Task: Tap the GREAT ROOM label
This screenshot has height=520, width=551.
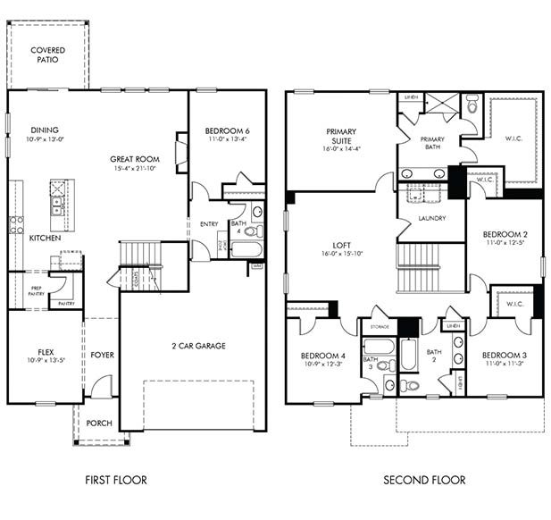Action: pos(134,159)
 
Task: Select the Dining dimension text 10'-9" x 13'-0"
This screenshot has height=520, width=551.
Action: pos(44,139)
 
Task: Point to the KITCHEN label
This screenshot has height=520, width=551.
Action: pos(45,239)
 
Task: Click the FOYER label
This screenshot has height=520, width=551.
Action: pos(102,355)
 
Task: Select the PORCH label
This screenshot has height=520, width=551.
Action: pos(100,423)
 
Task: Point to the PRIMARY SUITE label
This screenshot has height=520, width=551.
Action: pos(341,135)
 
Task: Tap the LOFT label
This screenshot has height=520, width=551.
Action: pos(341,244)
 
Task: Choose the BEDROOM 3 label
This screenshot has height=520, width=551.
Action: pos(505,355)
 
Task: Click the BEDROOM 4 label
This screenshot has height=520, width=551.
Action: pos(323,356)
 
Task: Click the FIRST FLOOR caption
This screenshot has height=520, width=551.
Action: pos(116,480)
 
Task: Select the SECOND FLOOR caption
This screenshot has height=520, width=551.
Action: pos(424,480)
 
